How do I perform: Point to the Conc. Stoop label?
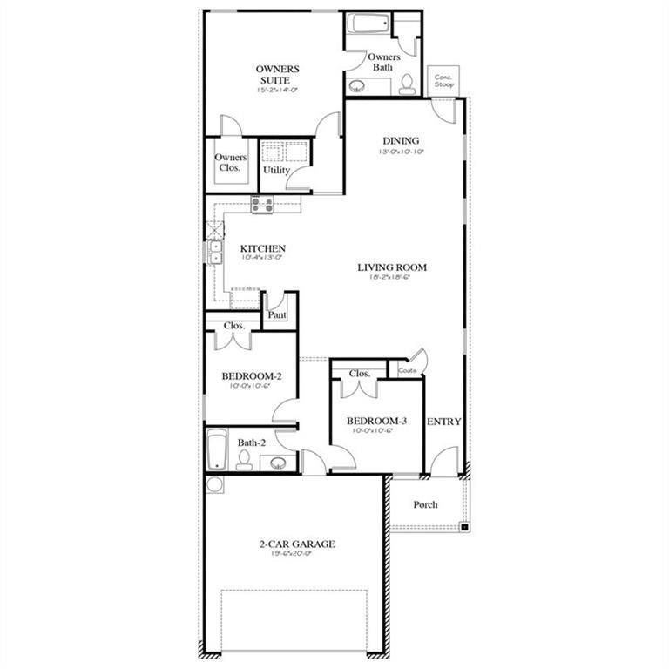pyautogui.click(x=444, y=81)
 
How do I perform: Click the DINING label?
pyautogui.click(x=401, y=140)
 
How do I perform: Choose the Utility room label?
pyautogui.click(x=276, y=170)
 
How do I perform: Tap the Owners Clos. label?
pyautogui.click(x=231, y=162)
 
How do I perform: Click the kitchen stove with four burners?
pyautogui.click(x=262, y=206)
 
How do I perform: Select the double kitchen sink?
pyautogui.click(x=215, y=252)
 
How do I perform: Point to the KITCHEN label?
pyautogui.click(x=263, y=249)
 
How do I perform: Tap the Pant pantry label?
pyautogui.click(x=278, y=314)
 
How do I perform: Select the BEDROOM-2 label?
pyautogui.click(x=251, y=375)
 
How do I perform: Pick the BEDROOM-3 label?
pyautogui.click(x=371, y=418)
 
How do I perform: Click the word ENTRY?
pyautogui.click(x=444, y=422)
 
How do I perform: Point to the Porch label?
pyautogui.click(x=425, y=504)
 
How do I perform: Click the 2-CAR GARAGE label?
pyautogui.click(x=296, y=544)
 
